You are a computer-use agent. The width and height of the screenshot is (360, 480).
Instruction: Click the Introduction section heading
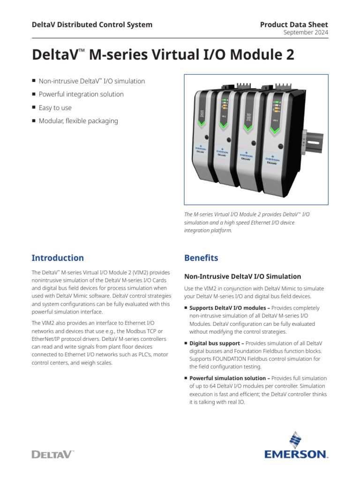coord(58,258)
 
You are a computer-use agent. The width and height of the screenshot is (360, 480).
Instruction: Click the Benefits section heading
coord(201,258)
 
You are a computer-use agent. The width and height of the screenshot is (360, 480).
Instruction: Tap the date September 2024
coord(306,33)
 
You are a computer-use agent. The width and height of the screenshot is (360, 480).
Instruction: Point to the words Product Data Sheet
coord(294,24)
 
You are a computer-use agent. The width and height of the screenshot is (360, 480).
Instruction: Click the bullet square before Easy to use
coord(34,108)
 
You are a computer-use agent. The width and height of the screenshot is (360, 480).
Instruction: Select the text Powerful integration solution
coord(81,94)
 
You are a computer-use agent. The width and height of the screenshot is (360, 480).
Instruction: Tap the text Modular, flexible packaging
coord(78,121)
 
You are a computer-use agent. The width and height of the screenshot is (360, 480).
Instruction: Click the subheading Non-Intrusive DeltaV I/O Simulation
coord(242,277)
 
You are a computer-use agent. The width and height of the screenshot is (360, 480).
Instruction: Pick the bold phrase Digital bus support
coord(215,343)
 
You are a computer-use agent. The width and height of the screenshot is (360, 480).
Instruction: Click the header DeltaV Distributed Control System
coord(92,24)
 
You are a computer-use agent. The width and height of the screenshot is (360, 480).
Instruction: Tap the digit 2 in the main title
coord(290,55)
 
